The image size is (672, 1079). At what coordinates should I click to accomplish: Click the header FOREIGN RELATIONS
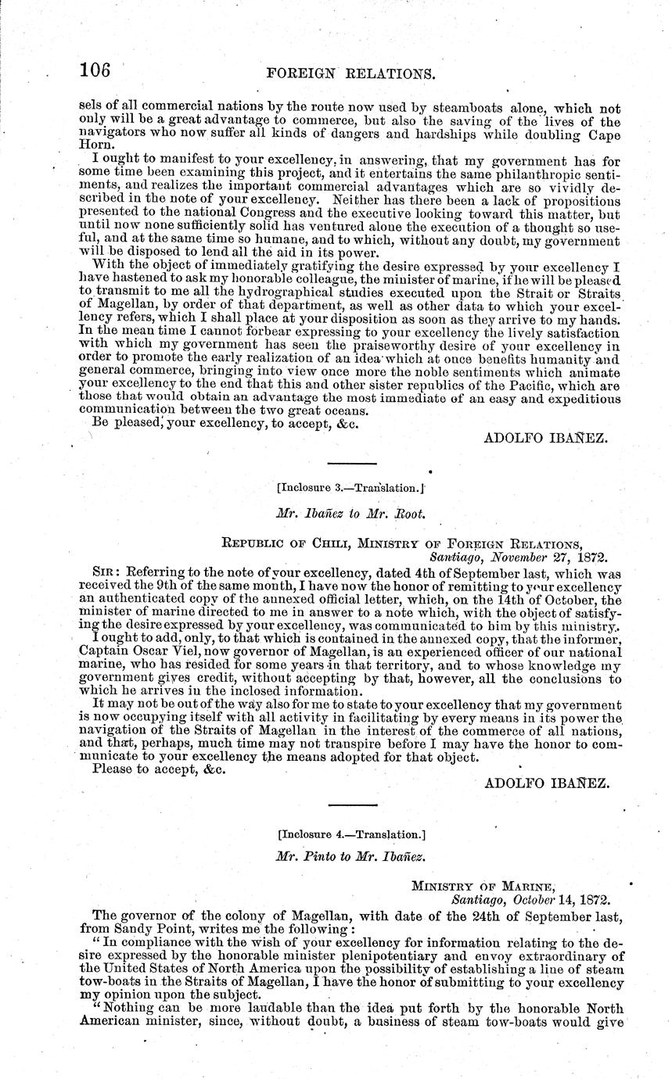350,73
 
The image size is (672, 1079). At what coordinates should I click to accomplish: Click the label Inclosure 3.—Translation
351,488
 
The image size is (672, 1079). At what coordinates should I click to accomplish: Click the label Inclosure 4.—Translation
351,834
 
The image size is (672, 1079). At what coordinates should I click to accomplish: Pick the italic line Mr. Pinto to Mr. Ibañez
351,856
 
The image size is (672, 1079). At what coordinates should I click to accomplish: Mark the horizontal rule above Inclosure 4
351,805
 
